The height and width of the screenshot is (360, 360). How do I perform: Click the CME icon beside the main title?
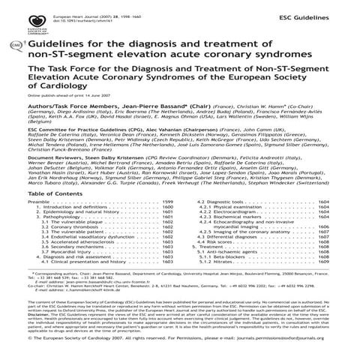point(16,47)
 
